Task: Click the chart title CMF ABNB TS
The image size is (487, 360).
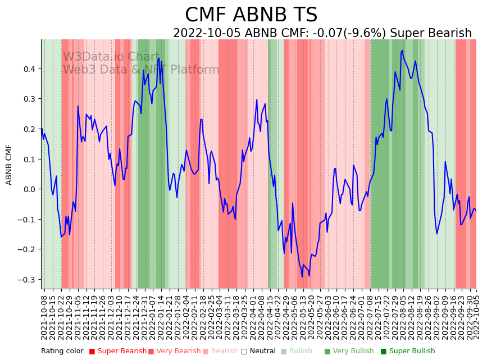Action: click(x=251, y=15)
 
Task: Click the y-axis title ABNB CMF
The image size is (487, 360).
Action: click(x=9, y=165)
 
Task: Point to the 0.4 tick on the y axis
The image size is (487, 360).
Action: click(x=29, y=69)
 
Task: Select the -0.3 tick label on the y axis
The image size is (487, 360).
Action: click(x=27, y=280)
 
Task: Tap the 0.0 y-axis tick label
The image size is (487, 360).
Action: click(x=29, y=189)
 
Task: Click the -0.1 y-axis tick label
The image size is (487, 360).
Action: click(x=27, y=220)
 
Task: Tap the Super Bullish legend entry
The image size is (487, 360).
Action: click(x=412, y=352)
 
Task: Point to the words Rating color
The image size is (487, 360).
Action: click(x=62, y=352)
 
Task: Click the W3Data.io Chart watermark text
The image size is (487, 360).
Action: click(x=111, y=57)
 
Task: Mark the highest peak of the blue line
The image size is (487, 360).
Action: click(x=402, y=51)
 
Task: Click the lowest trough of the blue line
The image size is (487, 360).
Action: click(x=302, y=276)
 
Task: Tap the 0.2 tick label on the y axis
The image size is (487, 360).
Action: click(x=29, y=129)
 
